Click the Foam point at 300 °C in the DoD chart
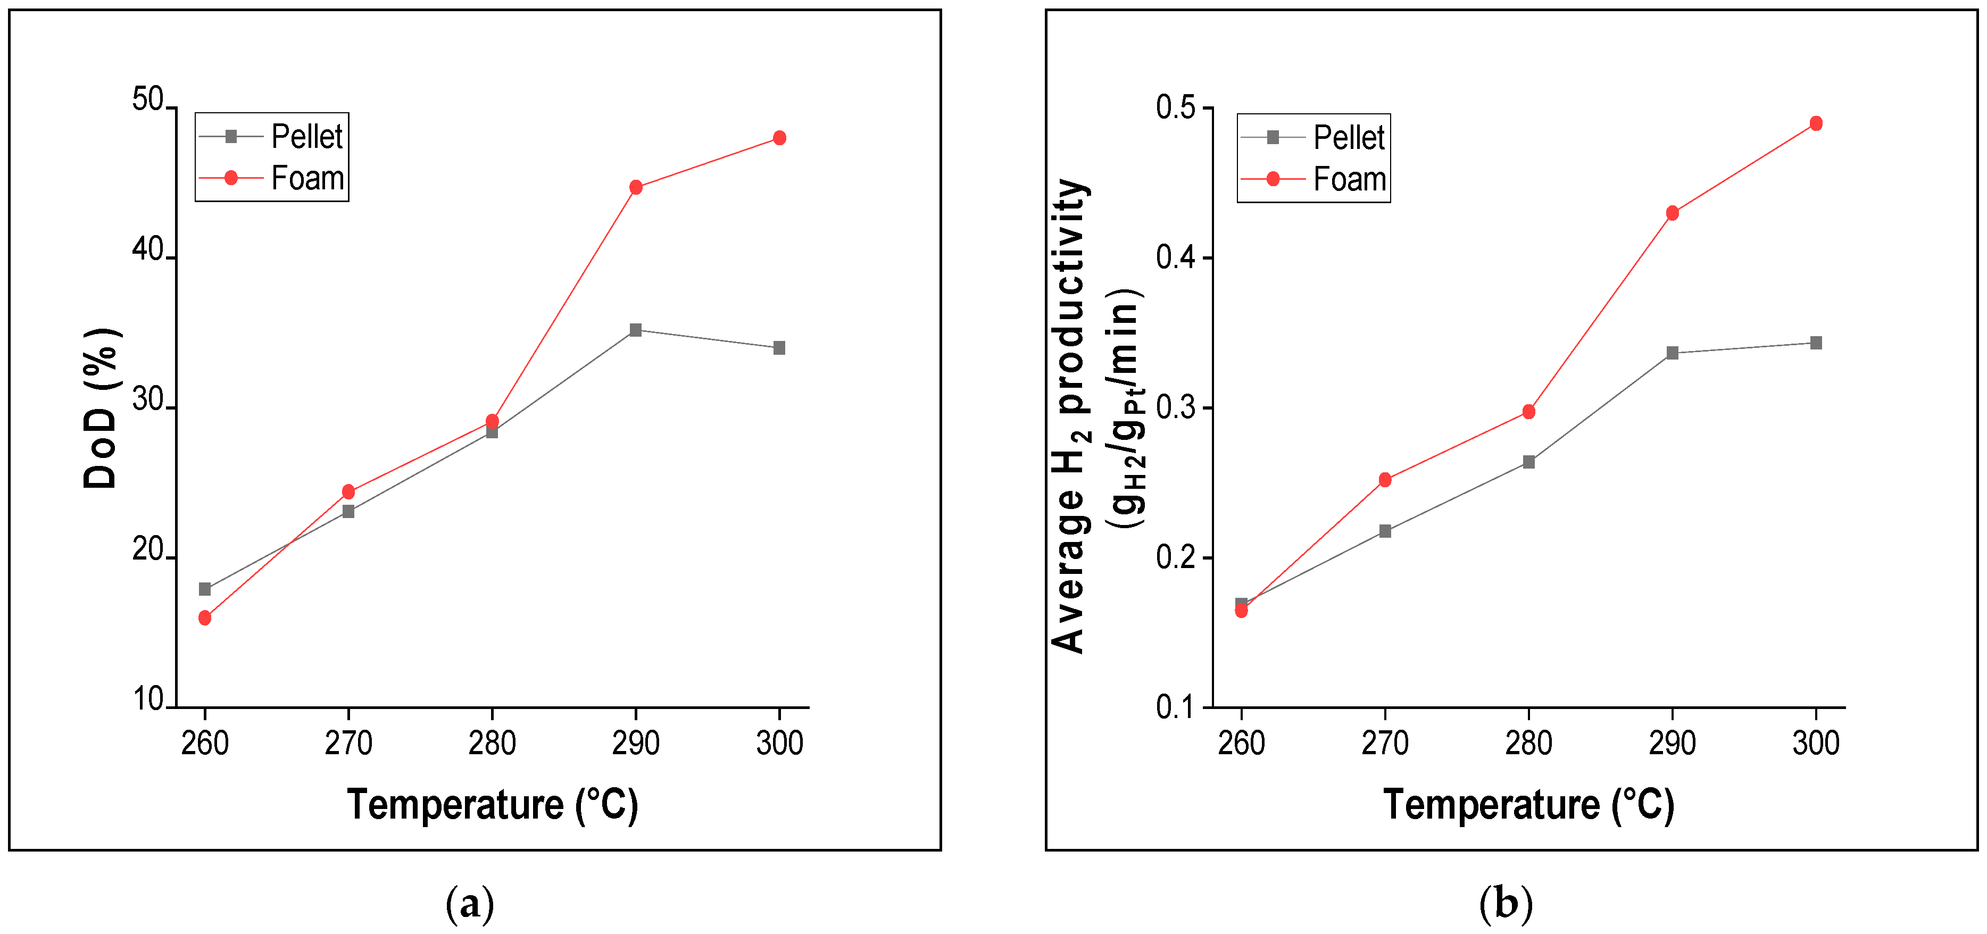(x=779, y=138)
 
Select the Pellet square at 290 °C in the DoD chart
(x=636, y=330)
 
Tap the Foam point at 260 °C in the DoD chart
(x=204, y=618)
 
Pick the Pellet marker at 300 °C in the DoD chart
(x=779, y=348)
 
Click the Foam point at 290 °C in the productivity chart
(x=1672, y=213)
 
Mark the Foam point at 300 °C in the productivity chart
(x=1816, y=123)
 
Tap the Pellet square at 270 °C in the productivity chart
(x=1385, y=531)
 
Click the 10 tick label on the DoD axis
(x=148, y=699)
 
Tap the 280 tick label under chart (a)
(x=492, y=743)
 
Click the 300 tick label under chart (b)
(x=1816, y=743)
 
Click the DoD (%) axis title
(x=100, y=409)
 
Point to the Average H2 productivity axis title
(x=1070, y=416)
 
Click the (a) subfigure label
(x=470, y=903)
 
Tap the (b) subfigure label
(x=1506, y=903)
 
